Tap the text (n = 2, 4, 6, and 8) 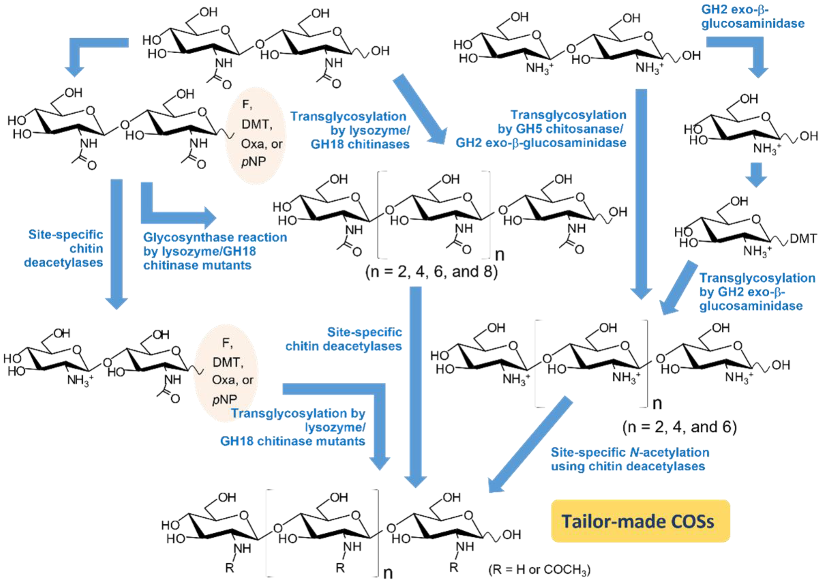pos(431,272)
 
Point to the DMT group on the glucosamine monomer pos(803,238)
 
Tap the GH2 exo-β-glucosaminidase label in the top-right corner pos(752,16)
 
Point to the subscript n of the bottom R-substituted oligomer pos(388,573)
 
